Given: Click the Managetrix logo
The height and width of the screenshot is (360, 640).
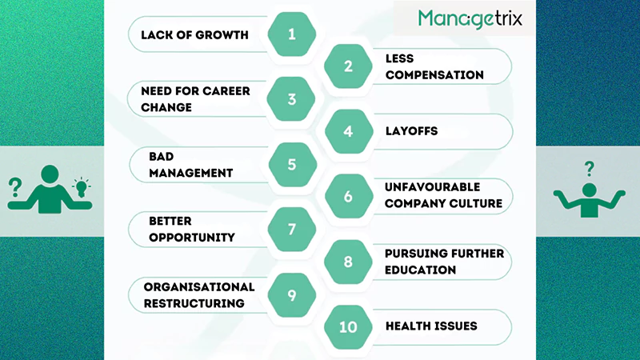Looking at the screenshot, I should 470,18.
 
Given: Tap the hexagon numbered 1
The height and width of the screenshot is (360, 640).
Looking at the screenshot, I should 292,34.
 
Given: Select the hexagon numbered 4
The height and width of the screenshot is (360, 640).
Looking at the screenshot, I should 348,131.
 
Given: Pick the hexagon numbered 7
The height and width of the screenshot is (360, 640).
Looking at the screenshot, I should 292,230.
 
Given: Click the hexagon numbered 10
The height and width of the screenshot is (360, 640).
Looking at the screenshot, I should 348,326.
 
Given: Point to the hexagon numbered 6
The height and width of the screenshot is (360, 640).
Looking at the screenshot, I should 348,196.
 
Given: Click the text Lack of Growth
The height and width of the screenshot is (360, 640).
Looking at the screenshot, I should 194,34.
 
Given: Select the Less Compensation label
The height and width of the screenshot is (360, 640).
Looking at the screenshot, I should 434,66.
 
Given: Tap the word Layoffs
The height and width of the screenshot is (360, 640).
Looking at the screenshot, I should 411,131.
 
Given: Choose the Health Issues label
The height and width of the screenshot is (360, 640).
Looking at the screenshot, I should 431,326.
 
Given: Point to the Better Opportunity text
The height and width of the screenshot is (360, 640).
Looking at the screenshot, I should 192,230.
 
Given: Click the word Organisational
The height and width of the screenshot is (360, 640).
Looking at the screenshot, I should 199,286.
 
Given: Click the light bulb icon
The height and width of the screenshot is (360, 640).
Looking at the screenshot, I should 80,186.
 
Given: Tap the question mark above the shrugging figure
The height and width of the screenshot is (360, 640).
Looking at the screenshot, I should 590,168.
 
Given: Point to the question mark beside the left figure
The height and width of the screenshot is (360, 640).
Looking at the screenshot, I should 14,189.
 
